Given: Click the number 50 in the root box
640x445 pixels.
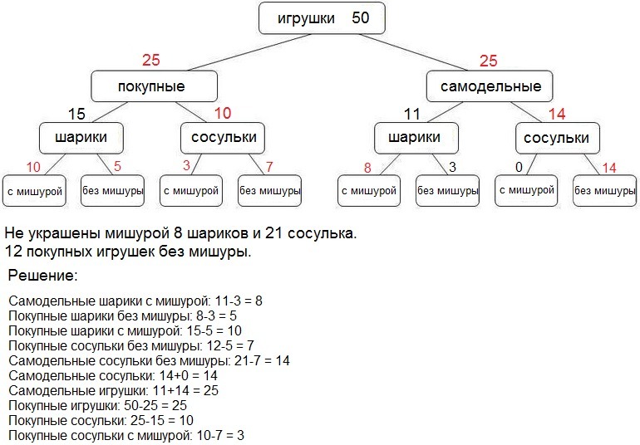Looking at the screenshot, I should point(361,18).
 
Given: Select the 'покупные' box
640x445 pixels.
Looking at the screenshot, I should point(154,86).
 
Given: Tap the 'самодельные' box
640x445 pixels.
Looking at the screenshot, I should point(490,86).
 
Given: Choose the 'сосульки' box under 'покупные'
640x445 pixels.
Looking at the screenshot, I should point(222,137).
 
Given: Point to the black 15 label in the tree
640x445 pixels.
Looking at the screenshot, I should point(76,114).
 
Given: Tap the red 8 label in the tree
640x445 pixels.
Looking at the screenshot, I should point(367,168).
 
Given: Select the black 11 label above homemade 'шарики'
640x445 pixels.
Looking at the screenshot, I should point(412,114).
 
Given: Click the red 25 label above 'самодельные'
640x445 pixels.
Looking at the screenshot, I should point(489,60).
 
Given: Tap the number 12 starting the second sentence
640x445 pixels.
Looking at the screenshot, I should point(13,250).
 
